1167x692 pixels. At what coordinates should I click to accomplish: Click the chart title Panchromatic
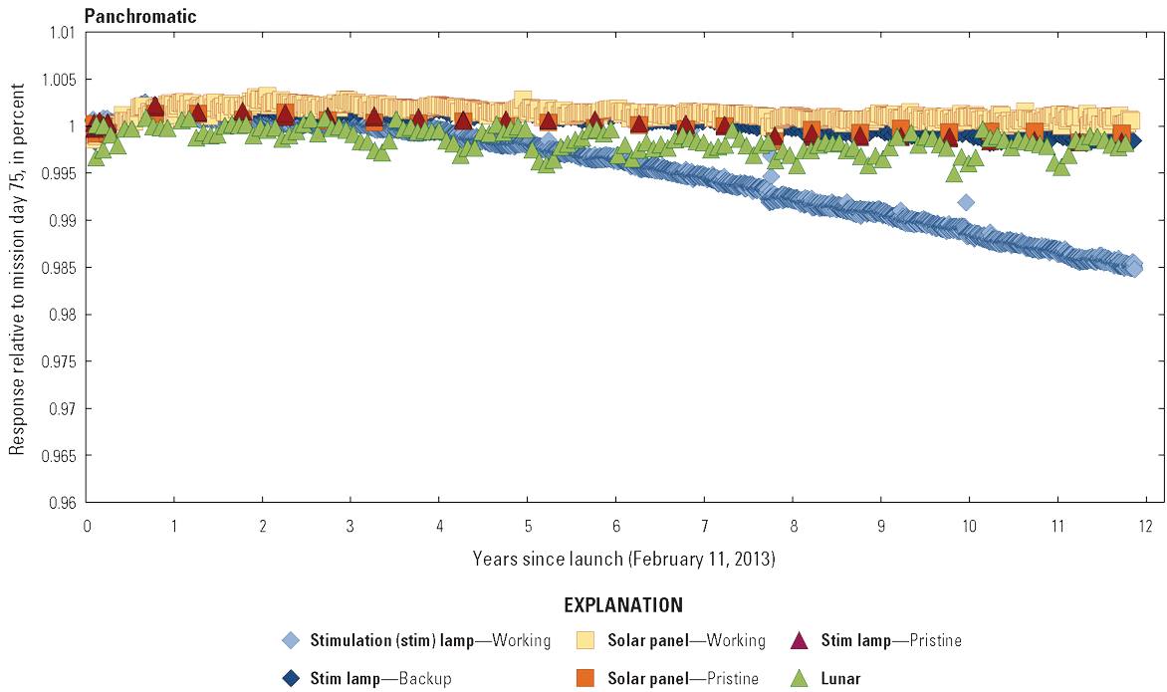coord(140,16)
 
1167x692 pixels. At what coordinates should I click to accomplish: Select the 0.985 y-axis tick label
coord(59,268)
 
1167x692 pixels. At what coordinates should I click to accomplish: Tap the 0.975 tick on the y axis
coord(59,361)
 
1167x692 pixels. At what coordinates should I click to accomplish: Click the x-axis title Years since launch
coord(624,560)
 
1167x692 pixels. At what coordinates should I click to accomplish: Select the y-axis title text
coord(17,268)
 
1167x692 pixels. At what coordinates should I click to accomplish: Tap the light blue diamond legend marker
coord(291,640)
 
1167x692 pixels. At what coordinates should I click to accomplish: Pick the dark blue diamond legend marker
coord(291,678)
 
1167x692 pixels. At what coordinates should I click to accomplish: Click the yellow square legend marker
coord(585,640)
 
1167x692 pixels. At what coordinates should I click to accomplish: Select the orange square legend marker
coord(585,678)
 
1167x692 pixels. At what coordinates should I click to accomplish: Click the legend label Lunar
coord(840,679)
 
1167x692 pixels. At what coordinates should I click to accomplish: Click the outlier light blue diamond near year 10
coord(966,202)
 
